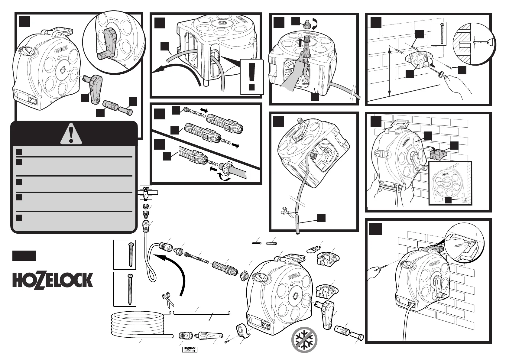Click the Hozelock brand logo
(x=53, y=280)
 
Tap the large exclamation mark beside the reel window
(x=252, y=77)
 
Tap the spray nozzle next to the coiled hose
(x=210, y=336)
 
